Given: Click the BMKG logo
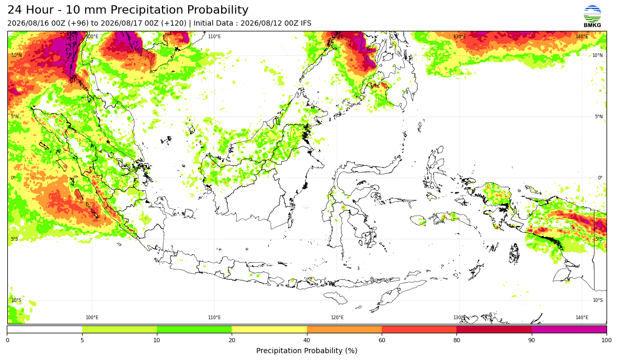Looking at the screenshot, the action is tap(592, 17).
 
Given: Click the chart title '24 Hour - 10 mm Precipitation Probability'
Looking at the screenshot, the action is tap(128, 10).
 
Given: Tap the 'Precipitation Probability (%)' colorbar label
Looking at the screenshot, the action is tap(306, 351).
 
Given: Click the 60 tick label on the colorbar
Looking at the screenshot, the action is tap(382, 340).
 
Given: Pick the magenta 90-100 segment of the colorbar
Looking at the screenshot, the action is tap(569, 329).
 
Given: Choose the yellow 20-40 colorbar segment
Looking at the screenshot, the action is tap(269, 329).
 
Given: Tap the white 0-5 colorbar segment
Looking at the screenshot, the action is tap(44, 329).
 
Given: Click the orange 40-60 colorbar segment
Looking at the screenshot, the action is tap(344, 329).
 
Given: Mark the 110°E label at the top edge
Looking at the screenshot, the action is tap(214, 37).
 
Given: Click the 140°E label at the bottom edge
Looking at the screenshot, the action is tap(582, 318).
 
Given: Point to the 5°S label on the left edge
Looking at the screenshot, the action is tap(15, 239).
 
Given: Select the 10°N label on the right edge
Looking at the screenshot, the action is tap(598, 55).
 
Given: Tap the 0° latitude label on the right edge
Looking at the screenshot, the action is tap(600, 177).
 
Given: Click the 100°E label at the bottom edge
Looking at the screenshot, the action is tap(92, 318).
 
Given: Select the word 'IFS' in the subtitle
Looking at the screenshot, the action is tap(306, 23).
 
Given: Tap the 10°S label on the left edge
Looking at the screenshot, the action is tap(16, 300).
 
